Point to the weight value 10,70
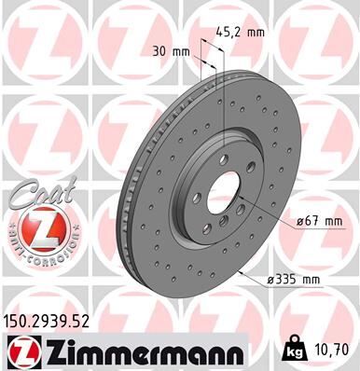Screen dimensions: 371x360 [x=330, y=351]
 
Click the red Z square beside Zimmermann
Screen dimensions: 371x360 [x=19, y=351]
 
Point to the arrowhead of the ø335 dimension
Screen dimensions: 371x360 [x=241, y=272]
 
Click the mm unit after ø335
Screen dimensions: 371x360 [x=313, y=280]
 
